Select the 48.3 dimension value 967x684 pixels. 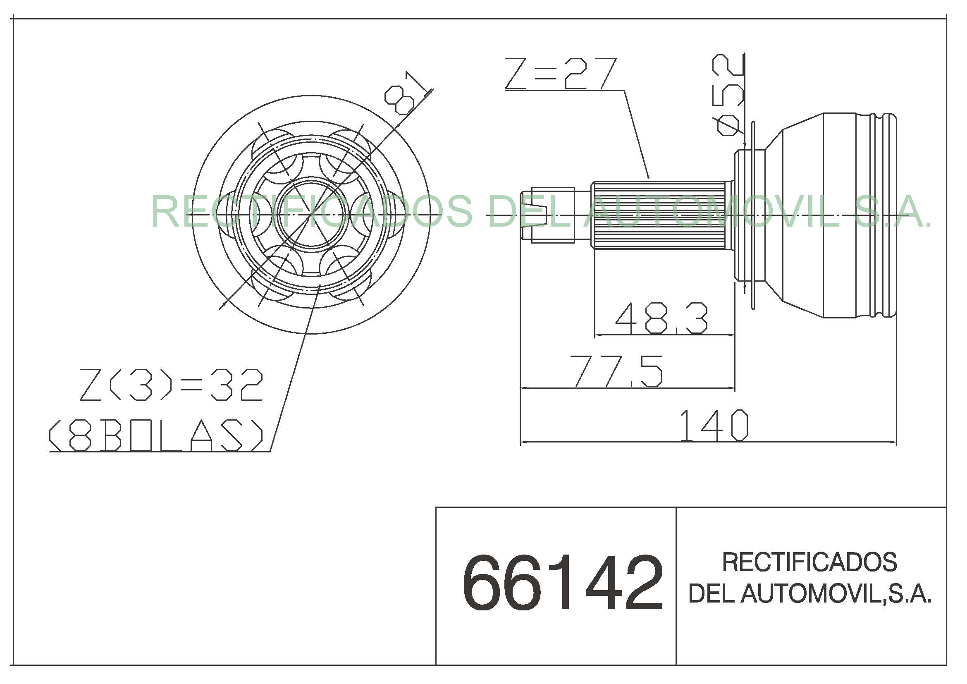tap(661, 317)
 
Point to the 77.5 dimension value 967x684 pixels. tap(616, 371)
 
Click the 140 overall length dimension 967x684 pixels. tap(714, 426)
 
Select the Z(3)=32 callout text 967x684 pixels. tap(172, 385)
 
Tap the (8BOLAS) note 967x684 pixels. tap(156, 435)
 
